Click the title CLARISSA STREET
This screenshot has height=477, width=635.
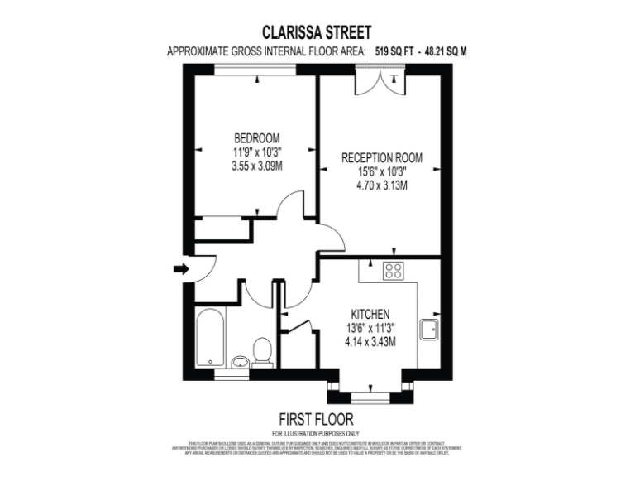pyautogui.click(x=317, y=32)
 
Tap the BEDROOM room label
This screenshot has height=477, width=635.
pyautogui.click(x=256, y=138)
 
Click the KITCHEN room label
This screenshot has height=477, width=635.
pyautogui.click(x=370, y=314)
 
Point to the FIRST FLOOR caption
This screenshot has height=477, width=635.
pyautogui.click(x=317, y=418)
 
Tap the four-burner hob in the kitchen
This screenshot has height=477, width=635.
pyautogui.click(x=393, y=270)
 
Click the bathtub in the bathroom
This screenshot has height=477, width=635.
pyautogui.click(x=209, y=337)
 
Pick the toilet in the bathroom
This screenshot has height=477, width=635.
pyautogui.click(x=262, y=351)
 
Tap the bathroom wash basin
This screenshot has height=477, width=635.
pyautogui.click(x=240, y=361)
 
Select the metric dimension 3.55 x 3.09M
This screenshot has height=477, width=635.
pyautogui.click(x=257, y=166)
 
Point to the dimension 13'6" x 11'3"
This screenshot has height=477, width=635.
pyautogui.click(x=370, y=328)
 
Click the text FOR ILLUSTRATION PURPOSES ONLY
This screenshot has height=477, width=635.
pyautogui.click(x=317, y=433)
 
